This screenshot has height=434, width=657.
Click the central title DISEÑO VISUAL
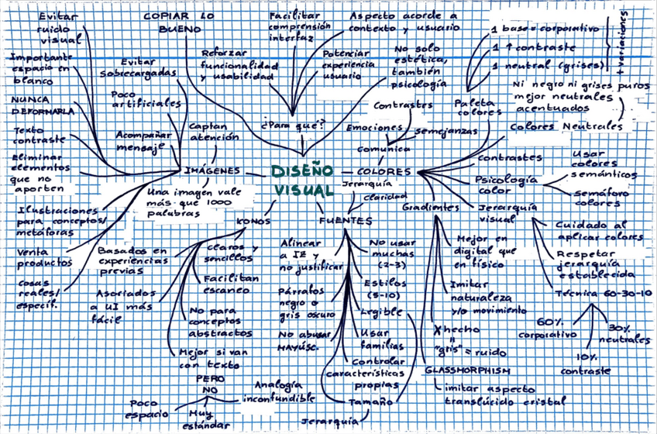click(303, 180)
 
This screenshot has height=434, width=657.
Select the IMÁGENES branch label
click(212, 170)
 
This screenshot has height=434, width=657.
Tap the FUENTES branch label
click(345, 221)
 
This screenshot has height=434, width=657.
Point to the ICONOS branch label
click(253, 222)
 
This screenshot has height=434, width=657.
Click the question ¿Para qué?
click(293, 124)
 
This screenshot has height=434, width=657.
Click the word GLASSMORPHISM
click(467, 370)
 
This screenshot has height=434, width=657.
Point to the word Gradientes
click(430, 208)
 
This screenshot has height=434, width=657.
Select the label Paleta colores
click(473, 107)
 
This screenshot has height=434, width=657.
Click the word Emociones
click(374, 127)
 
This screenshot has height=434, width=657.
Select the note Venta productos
click(44, 257)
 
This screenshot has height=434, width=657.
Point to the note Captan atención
click(208, 131)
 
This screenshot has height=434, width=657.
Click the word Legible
click(381, 312)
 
